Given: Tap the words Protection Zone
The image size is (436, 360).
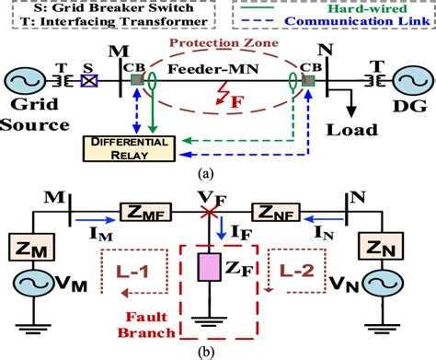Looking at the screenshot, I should click(x=217, y=42).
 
